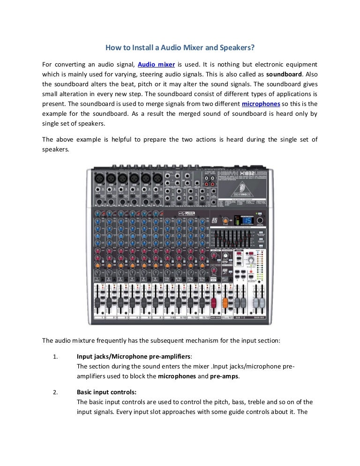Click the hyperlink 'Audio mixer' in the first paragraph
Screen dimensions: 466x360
pos(156,64)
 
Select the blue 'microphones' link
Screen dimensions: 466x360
pos(261,104)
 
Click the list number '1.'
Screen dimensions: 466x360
pos(55,356)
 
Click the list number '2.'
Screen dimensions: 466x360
pos(55,392)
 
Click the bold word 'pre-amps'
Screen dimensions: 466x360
pos(224,376)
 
